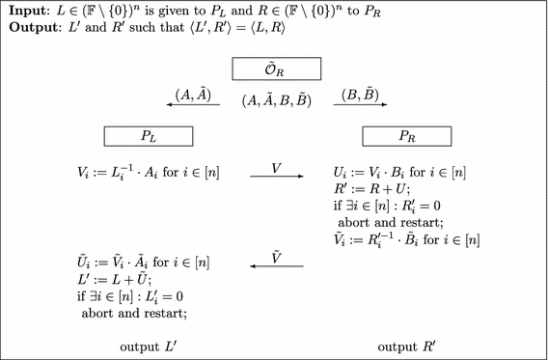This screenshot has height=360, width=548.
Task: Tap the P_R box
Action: click(x=402, y=134)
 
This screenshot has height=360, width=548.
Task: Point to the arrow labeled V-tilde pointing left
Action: click(x=276, y=265)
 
